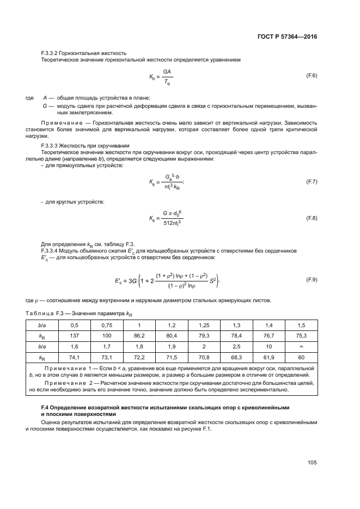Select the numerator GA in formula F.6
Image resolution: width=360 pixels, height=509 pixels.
pyautogui.click(x=167, y=70)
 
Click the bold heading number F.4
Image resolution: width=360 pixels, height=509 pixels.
pyautogui.click(x=46, y=407)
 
